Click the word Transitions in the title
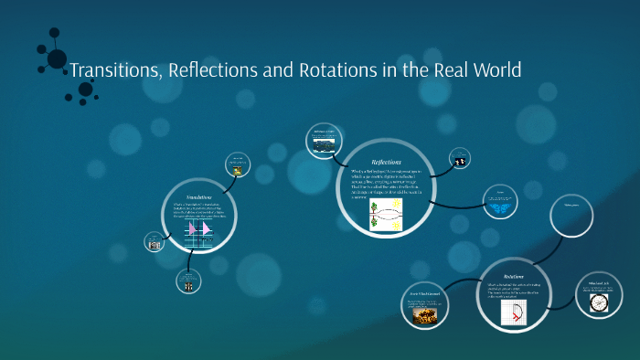tap(115, 70)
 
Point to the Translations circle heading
tap(199, 197)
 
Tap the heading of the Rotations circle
tap(514, 276)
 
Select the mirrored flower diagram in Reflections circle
tap(387, 215)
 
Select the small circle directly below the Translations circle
tap(188, 283)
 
